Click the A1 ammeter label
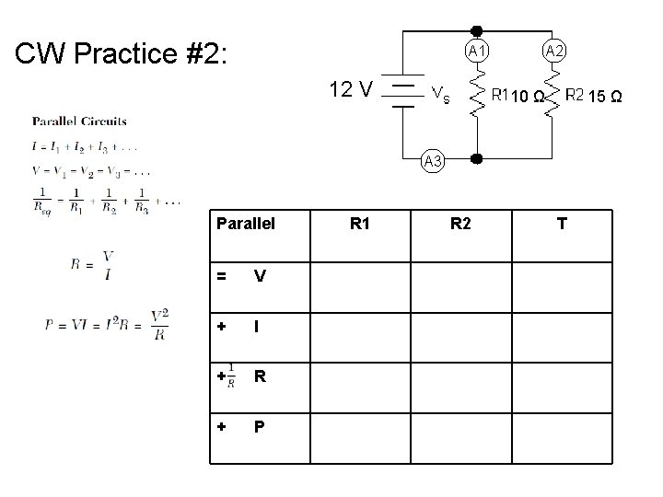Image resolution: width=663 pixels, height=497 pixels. point(477,51)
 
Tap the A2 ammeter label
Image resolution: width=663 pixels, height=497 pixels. point(554,51)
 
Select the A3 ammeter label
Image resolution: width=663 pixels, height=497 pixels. point(434,161)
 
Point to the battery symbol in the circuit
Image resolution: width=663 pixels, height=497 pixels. point(402,92)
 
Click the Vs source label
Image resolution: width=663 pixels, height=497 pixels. point(441,94)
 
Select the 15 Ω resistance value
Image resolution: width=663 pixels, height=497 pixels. point(604,96)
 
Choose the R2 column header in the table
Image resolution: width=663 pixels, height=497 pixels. point(461,222)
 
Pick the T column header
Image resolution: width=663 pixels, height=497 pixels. point(561,222)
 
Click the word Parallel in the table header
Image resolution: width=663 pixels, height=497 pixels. point(246,222)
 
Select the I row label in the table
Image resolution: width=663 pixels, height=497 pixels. point(260,327)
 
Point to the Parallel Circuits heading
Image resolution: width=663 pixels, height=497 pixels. point(80,121)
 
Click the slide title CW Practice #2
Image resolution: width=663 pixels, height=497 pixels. point(127,53)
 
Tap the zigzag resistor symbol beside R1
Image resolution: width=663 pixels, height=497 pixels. point(477,95)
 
